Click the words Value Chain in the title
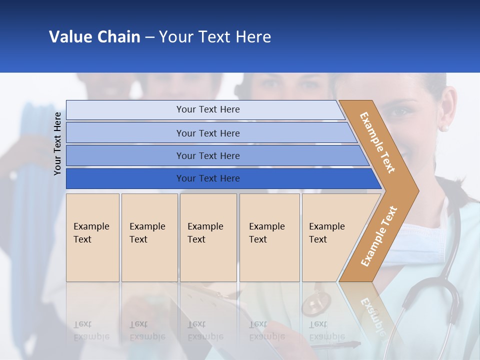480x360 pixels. coord(94,37)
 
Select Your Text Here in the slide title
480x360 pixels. coord(215,37)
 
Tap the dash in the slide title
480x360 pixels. coord(149,37)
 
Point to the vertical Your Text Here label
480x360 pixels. coord(57,143)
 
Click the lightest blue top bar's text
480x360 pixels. coord(208,109)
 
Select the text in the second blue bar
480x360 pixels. coord(208,133)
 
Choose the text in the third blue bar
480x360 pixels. coord(208,156)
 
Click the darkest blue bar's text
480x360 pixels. coord(208,178)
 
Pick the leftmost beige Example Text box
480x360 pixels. coord(92,237)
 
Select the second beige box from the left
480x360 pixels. coord(149,237)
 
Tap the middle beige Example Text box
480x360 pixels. coord(208,237)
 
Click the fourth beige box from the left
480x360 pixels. coord(269,237)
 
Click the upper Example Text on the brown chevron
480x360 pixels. coord(377,142)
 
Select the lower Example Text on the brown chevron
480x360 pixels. coord(379,236)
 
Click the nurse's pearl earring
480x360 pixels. coord(444,128)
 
